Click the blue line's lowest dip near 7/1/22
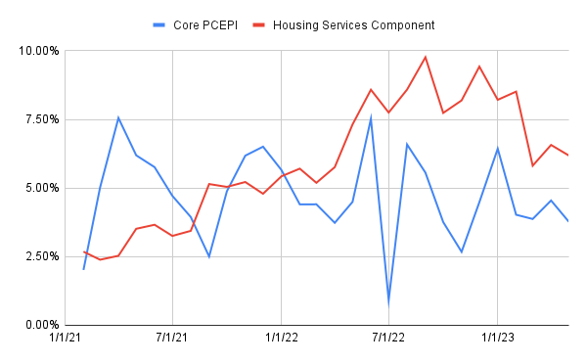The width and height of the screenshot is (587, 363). coord(389,301)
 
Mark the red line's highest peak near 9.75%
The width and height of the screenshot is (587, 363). coord(426,57)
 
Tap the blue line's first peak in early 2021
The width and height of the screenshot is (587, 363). coord(118,117)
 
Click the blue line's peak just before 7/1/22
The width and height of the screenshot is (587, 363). coord(371,117)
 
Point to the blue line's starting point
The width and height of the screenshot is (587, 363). coord(83,269)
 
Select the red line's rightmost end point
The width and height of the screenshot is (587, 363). coord(567,155)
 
